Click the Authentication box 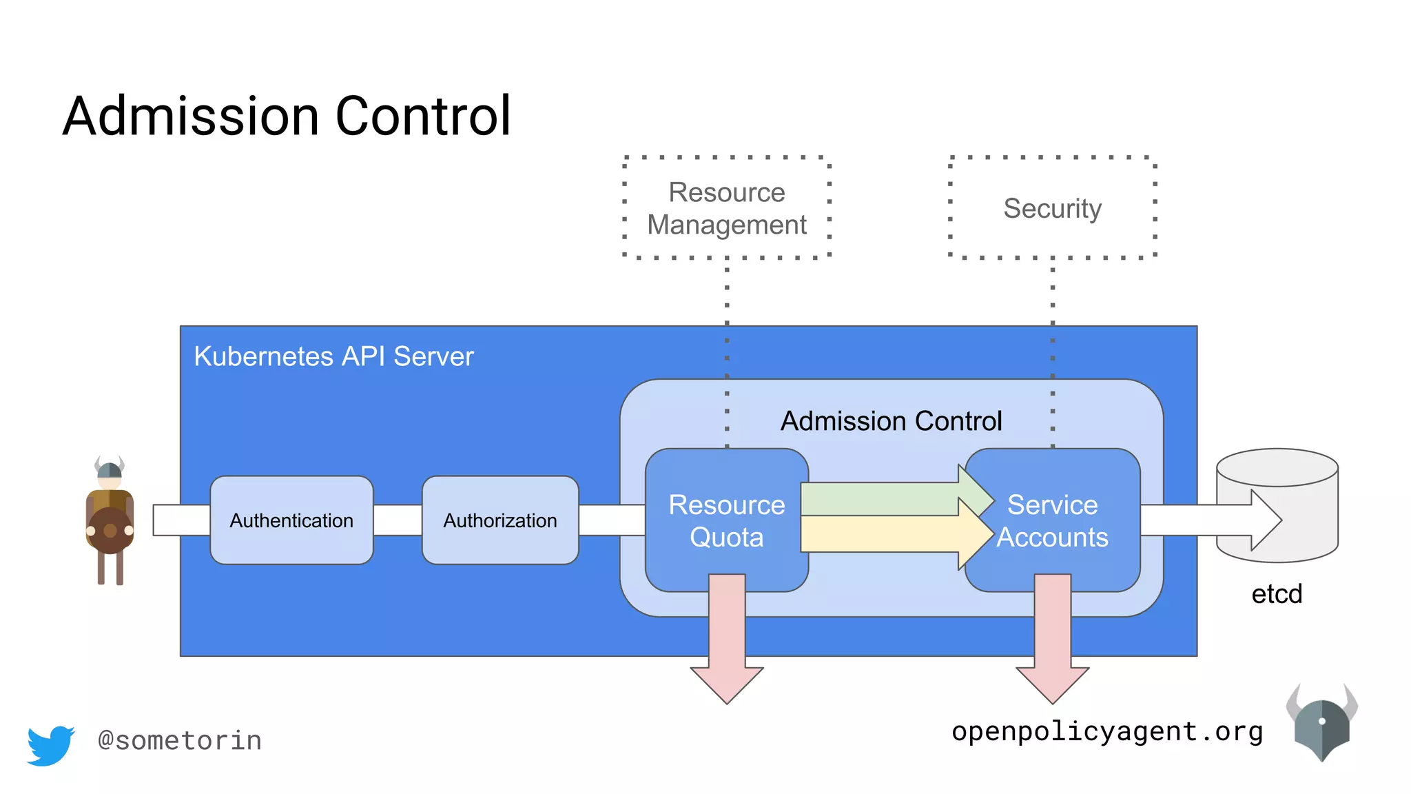point(291,520)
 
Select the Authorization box point(500,520)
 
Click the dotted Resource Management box point(727,207)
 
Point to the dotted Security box point(1052,207)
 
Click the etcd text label point(1277,593)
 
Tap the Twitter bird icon point(50,745)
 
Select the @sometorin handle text point(180,741)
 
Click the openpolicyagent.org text point(1107,731)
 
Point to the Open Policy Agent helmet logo point(1321,724)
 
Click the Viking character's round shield point(110,530)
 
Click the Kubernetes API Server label point(333,356)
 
